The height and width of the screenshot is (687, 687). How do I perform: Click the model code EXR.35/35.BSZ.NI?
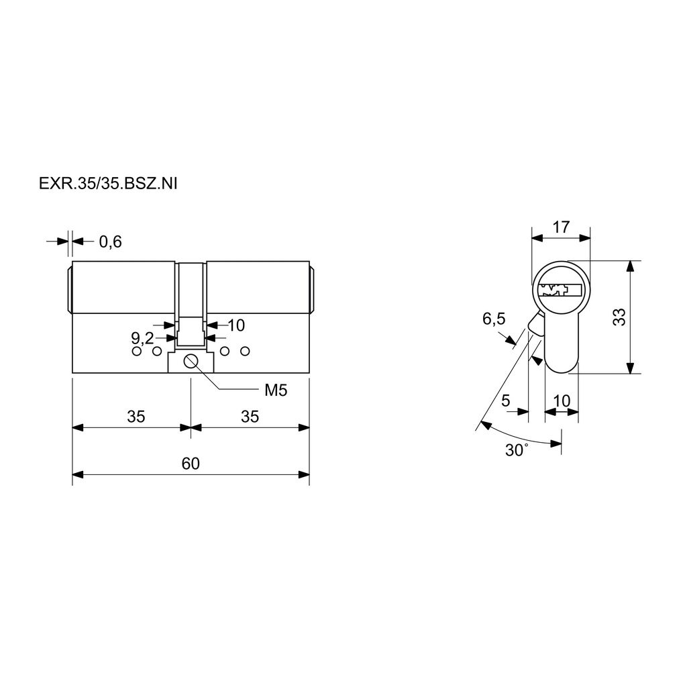click(108, 184)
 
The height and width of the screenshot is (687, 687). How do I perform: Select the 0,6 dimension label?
click(111, 242)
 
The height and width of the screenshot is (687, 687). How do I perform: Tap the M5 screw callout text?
click(276, 390)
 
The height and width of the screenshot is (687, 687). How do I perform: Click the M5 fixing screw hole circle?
click(191, 362)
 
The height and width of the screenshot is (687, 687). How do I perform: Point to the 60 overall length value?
click(191, 463)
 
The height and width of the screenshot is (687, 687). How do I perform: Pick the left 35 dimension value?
click(136, 416)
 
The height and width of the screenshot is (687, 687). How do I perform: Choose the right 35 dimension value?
click(250, 416)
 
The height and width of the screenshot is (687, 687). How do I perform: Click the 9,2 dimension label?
click(142, 338)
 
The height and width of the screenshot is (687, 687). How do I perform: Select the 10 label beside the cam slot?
click(236, 325)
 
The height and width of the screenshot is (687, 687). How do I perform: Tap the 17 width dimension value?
click(561, 227)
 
